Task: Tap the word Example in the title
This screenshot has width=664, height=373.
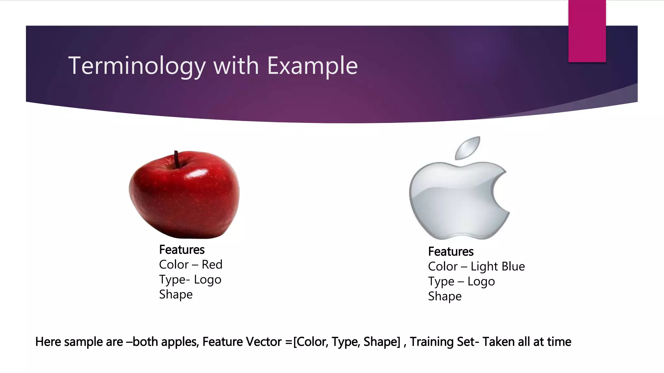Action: tap(312, 66)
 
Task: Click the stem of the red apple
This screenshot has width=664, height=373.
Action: tap(177, 159)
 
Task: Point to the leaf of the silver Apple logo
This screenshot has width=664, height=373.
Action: tap(468, 148)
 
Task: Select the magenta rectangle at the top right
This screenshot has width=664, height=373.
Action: tap(587, 31)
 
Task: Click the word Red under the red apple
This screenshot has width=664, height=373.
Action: tap(212, 265)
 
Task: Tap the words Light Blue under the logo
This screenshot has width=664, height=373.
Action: tap(498, 266)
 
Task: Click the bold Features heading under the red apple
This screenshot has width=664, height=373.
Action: tap(182, 250)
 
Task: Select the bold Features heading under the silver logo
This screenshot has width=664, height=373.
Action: tap(451, 252)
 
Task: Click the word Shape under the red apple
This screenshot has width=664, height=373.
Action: tap(176, 294)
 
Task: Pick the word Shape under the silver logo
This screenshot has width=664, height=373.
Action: tap(445, 296)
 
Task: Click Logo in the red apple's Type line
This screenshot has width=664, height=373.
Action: tap(207, 279)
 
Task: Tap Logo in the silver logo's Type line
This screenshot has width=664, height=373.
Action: tap(481, 281)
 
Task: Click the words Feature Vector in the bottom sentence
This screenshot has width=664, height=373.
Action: tap(242, 342)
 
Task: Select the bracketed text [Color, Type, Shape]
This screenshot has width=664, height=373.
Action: tap(347, 342)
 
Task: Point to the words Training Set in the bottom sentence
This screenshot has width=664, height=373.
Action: tap(442, 342)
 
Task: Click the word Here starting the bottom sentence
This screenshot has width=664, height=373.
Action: tap(48, 342)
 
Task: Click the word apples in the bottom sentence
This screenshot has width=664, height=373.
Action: tap(180, 342)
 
